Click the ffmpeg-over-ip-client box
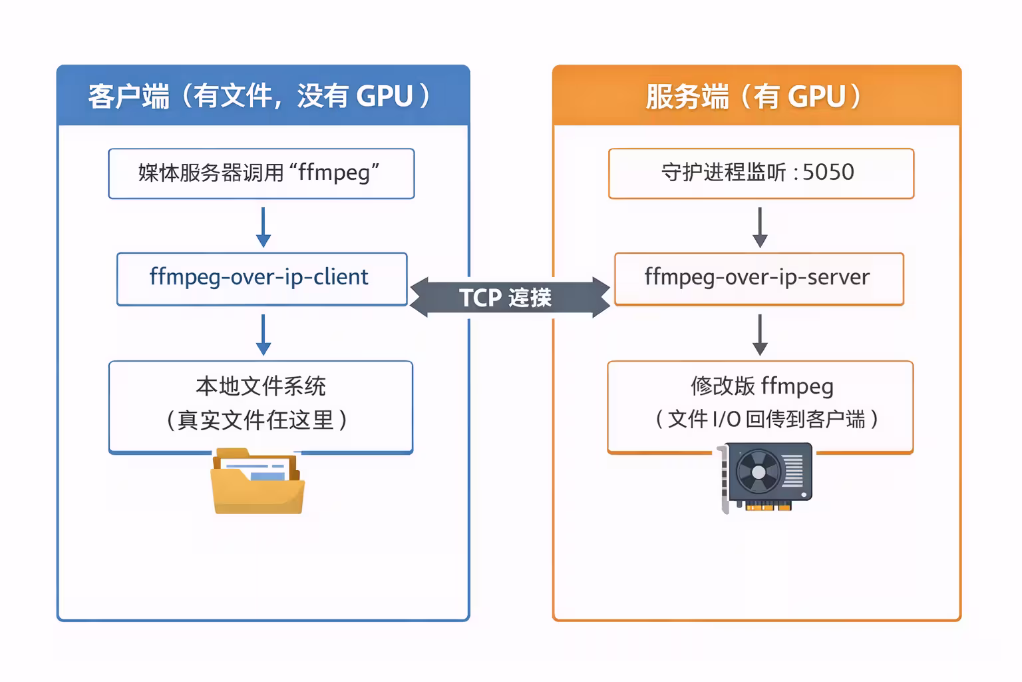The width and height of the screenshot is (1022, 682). pos(261,278)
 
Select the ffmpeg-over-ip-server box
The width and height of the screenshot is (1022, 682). pos(759,278)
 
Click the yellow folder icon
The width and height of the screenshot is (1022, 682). pos(257,482)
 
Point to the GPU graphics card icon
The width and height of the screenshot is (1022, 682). pos(767,477)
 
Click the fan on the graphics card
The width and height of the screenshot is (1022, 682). pos(758,472)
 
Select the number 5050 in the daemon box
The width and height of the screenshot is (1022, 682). pos(828,172)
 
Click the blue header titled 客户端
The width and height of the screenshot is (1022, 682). pos(263,96)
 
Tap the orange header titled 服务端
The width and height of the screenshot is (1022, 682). pos(757,96)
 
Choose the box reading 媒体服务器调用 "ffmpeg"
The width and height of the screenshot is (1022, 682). pos(261,173)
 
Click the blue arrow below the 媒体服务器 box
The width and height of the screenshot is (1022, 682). pos(263,226)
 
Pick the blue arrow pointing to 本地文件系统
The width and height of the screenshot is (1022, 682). pos(263,334)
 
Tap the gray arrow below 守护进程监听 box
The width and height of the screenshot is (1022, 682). pos(760,226)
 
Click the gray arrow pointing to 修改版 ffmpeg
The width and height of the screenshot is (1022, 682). pos(760,334)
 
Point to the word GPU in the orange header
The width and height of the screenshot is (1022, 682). pos(816,97)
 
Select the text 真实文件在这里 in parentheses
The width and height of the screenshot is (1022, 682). pos(256,420)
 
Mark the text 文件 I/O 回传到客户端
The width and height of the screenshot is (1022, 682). pos(766,420)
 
